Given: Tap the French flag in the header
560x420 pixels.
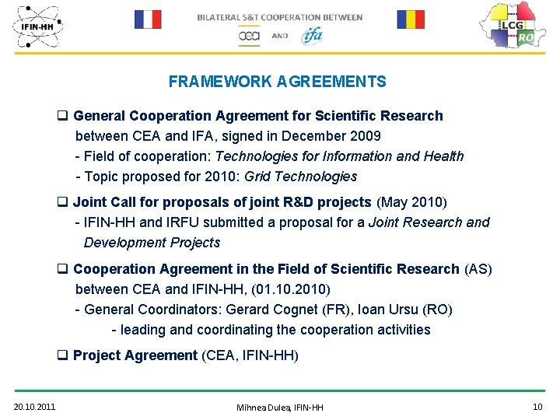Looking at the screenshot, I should click(x=148, y=19).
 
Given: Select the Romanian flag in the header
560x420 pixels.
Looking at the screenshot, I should click(x=411, y=19).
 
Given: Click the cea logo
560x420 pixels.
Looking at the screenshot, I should click(x=249, y=36).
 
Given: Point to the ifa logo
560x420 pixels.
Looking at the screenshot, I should click(x=312, y=35).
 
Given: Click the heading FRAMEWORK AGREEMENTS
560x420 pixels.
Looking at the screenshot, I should click(x=277, y=82).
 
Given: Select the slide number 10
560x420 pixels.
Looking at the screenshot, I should click(x=537, y=406).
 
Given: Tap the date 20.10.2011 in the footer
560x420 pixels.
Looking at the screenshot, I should click(x=34, y=407).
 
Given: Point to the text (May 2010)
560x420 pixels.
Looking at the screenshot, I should click(x=411, y=202).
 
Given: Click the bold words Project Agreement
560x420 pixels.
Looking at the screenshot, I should click(x=135, y=355).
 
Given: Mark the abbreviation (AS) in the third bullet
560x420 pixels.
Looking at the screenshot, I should click(x=478, y=269).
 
